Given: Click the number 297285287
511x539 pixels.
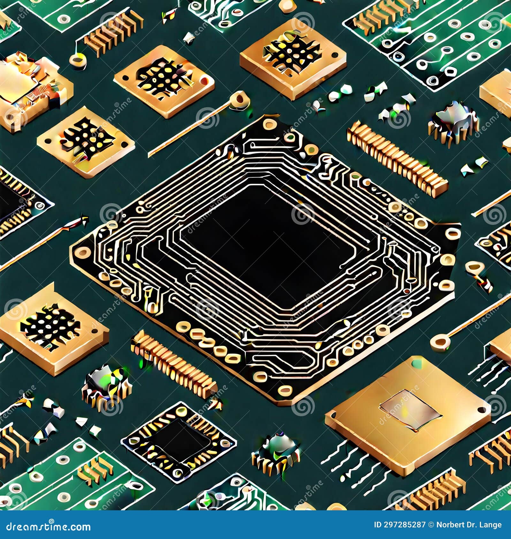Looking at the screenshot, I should (405, 525).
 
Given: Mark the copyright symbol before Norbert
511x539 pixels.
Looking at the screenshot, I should (431, 525).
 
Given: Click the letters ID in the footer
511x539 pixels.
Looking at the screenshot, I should (378, 525).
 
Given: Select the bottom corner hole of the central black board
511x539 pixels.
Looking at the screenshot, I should (284, 390).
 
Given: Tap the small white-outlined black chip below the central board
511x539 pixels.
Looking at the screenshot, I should (179, 441).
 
